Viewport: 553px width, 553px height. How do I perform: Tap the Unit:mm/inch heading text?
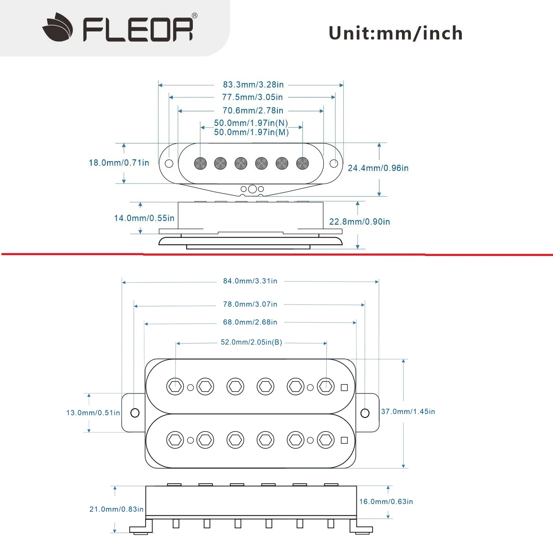tap(395, 33)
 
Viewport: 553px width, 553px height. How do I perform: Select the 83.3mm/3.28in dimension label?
tap(253, 84)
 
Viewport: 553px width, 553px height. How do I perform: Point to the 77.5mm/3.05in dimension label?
tap(252, 97)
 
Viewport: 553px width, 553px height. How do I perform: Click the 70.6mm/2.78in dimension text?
tap(253, 110)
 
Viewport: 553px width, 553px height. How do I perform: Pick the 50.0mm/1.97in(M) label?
tap(251, 132)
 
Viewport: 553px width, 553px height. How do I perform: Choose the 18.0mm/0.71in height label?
tap(119, 163)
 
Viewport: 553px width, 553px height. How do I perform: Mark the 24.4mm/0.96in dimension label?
tap(378, 168)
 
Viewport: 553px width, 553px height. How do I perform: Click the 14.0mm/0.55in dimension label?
tap(144, 218)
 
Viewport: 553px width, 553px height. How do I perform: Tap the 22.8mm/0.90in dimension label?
tap(359, 222)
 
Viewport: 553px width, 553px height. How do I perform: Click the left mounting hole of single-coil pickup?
tap(169, 164)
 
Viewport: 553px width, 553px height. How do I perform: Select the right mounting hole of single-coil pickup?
tap(334, 164)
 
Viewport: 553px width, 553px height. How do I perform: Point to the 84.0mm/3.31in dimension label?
tap(250, 281)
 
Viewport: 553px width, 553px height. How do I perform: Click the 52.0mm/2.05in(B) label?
tap(251, 342)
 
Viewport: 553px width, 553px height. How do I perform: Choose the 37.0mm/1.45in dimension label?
tap(408, 412)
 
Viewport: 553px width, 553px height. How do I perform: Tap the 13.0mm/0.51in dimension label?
tap(93, 413)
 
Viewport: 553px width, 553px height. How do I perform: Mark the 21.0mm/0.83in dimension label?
tap(116, 509)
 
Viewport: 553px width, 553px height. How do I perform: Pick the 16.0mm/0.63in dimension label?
tap(386, 502)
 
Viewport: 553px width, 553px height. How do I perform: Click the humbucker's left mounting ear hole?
tap(135, 413)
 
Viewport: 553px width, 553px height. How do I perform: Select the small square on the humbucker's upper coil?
tap(344, 387)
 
